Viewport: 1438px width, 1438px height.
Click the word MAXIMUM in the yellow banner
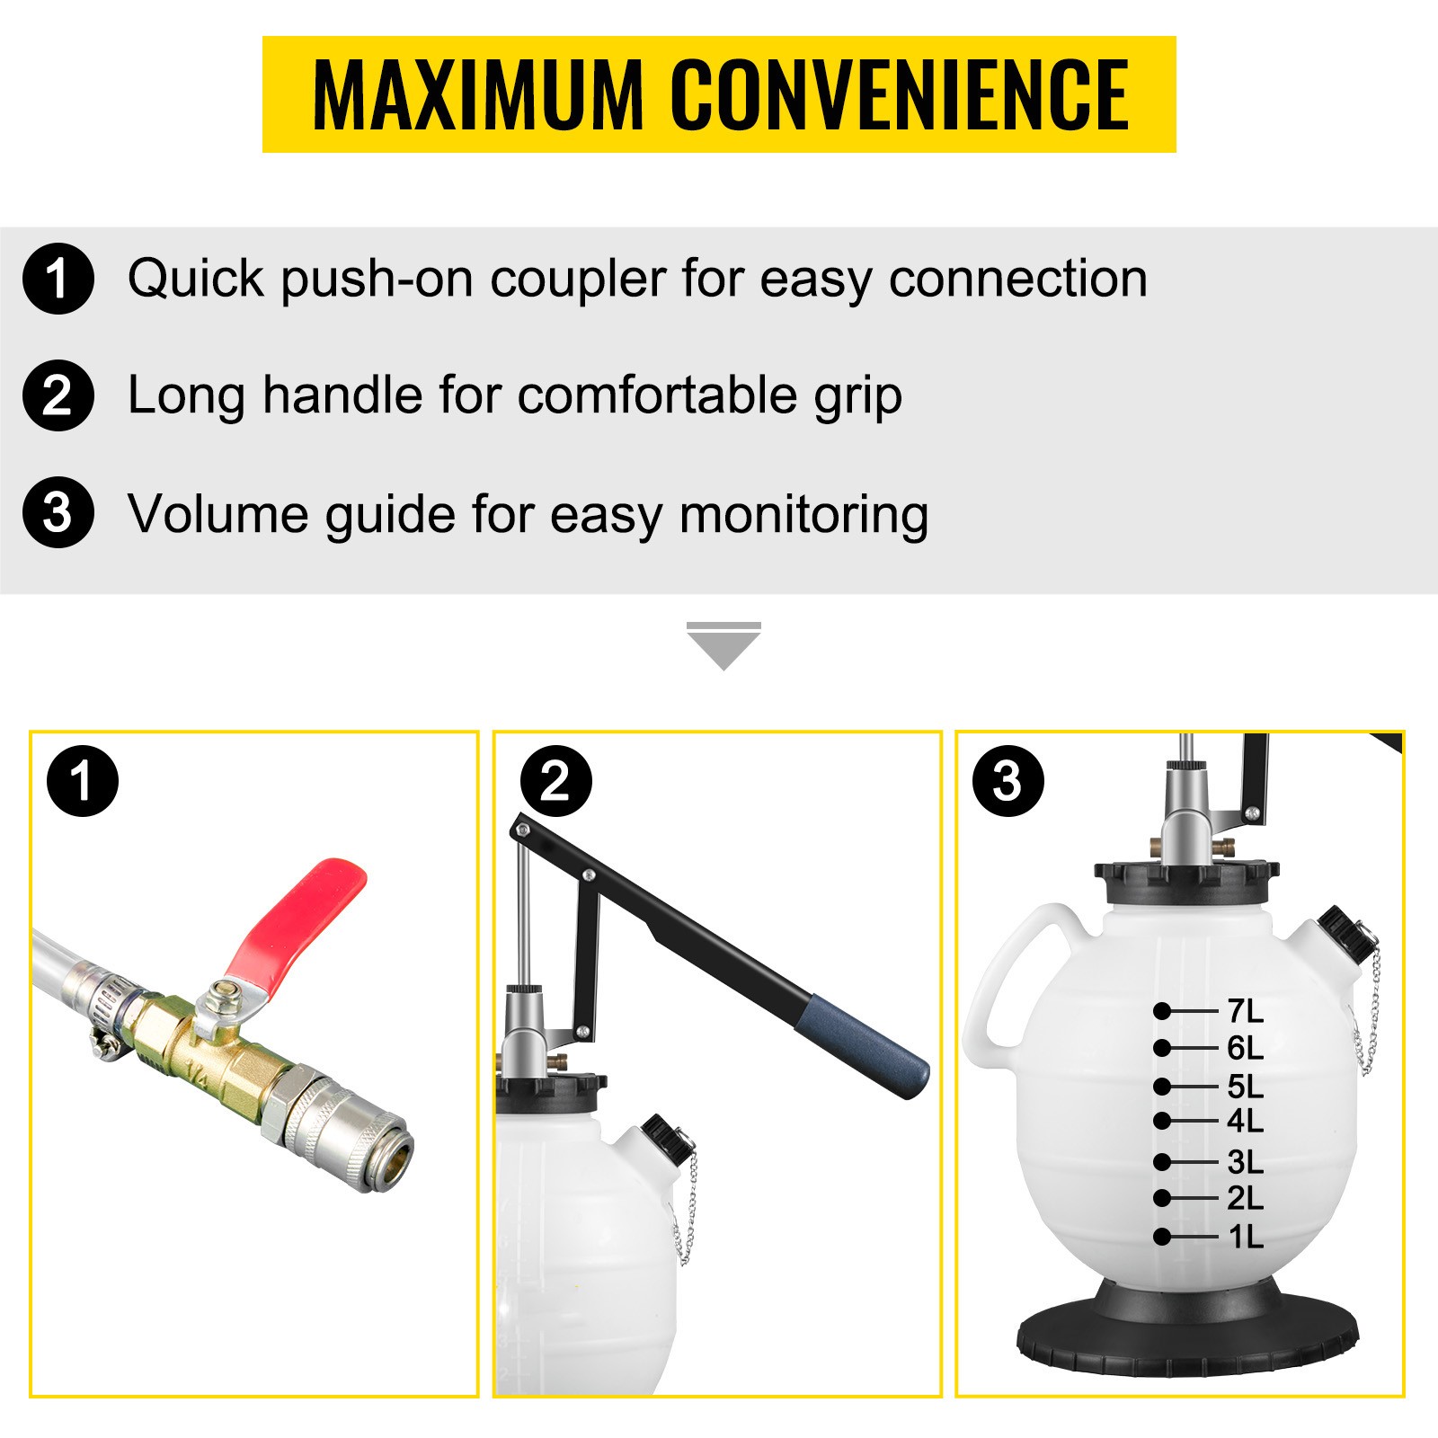[x=478, y=94]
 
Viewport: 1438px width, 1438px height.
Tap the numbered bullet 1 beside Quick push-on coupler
[x=58, y=279]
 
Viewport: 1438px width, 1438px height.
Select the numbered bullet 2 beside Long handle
[x=58, y=395]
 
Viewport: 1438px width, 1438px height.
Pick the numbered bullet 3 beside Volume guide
[x=58, y=512]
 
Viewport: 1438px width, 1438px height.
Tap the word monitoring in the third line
[x=803, y=516]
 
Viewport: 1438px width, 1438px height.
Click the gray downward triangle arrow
[x=723, y=645]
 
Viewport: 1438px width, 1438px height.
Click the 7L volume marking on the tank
[x=1245, y=1011]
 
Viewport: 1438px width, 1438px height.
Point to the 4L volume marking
[x=1245, y=1121]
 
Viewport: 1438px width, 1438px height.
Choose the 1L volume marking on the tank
[x=1246, y=1237]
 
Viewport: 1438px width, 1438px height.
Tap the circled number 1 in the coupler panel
[x=83, y=781]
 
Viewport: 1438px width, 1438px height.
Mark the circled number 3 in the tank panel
[x=1008, y=781]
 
